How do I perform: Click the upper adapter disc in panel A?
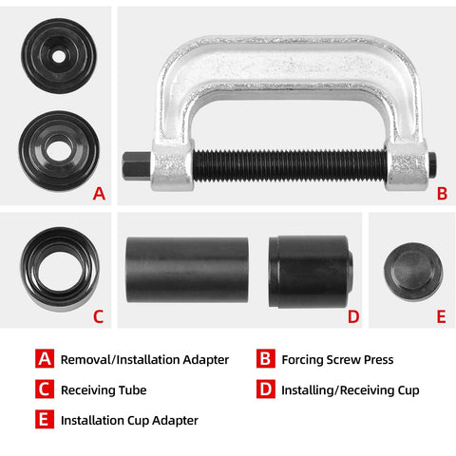coord(59,57)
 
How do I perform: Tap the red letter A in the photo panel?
coord(99,194)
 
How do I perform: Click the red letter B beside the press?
coord(441,194)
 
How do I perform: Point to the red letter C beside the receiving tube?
coord(99,316)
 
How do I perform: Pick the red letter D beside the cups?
coord(353,316)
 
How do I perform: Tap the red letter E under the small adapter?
coord(441,316)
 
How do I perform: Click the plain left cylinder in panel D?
coord(186,270)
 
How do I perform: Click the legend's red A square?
coord(45,359)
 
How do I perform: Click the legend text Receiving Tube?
coord(104,389)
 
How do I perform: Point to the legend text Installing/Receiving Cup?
coord(351,389)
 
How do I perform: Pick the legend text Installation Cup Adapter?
coord(129,419)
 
